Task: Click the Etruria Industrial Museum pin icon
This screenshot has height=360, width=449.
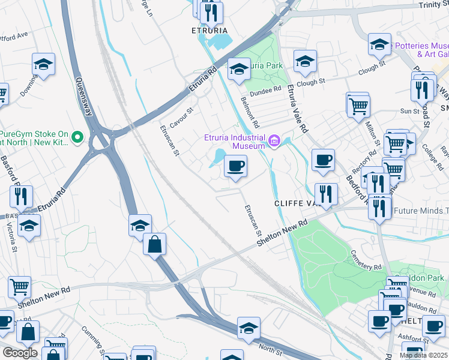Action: (274, 142)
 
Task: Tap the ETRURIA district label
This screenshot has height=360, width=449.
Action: (209, 29)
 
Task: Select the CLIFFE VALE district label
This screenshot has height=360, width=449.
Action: (296, 203)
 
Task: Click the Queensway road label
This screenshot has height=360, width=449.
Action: (83, 97)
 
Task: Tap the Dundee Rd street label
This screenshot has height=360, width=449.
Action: (265, 89)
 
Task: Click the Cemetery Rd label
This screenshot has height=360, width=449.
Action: (366, 259)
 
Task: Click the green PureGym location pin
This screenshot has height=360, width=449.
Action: (77, 138)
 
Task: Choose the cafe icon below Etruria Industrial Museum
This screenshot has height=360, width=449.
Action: (235, 166)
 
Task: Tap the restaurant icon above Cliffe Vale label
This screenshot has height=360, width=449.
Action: (326, 194)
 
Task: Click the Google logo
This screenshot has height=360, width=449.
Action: (20, 353)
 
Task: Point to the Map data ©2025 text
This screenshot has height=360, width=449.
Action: (423, 355)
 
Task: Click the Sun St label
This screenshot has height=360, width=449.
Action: (410, 111)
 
